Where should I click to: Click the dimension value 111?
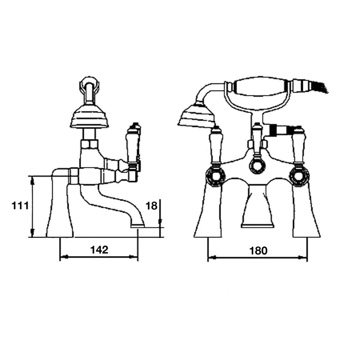(x=19, y=206)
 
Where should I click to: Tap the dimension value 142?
(x=99, y=250)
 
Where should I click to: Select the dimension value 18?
(x=151, y=206)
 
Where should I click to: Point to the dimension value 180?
(x=258, y=251)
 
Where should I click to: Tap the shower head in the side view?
(x=90, y=117)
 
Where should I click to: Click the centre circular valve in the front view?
(x=257, y=165)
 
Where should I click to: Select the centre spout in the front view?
(x=257, y=208)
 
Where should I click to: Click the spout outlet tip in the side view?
(x=138, y=225)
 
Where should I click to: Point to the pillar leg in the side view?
(x=60, y=212)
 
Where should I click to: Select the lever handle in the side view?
(x=132, y=144)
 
